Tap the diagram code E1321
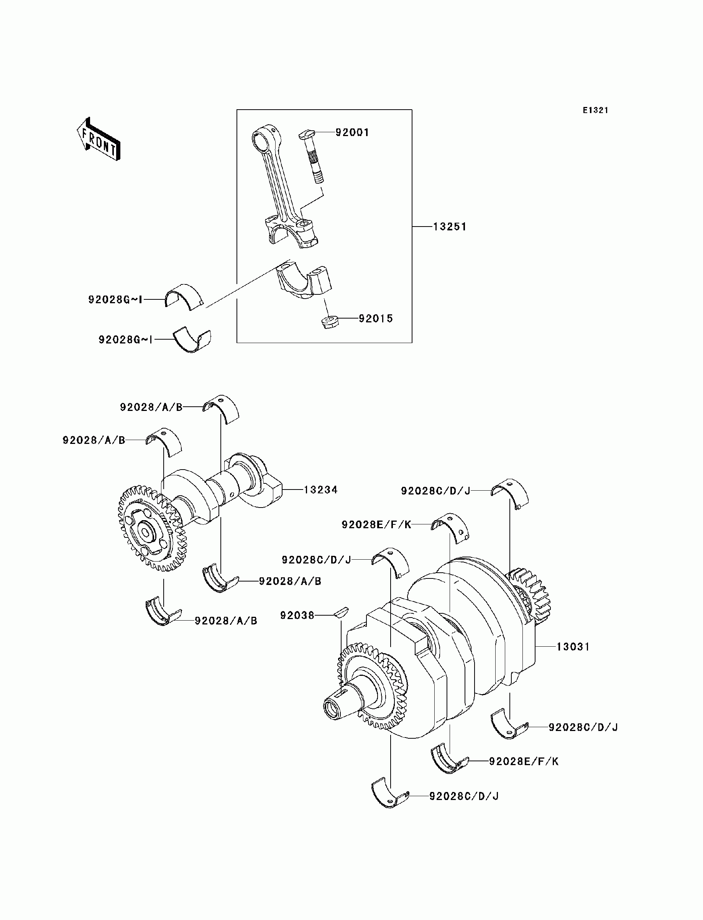pyautogui.click(x=595, y=110)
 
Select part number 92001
pyautogui.click(x=352, y=133)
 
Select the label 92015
pyautogui.click(x=376, y=319)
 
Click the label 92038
pyautogui.click(x=297, y=615)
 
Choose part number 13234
pyautogui.click(x=320, y=490)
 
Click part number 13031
pyautogui.click(x=573, y=647)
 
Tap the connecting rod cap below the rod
pyautogui.click(x=303, y=281)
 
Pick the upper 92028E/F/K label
pyautogui.click(x=376, y=525)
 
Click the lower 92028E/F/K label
pyautogui.click(x=524, y=761)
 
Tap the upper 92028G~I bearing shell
pyautogui.click(x=183, y=296)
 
